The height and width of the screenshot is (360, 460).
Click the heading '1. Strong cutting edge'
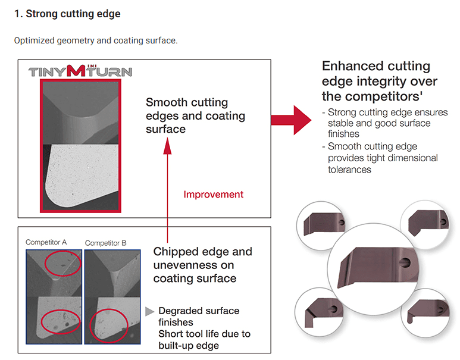point(67,13)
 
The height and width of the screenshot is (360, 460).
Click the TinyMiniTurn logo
point(80,71)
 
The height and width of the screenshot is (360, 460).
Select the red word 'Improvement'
point(214,194)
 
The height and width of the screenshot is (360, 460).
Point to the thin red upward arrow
point(168,190)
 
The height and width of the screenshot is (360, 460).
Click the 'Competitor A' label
point(46,242)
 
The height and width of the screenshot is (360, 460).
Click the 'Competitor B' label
point(106,243)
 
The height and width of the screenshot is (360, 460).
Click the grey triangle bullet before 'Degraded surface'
point(150,311)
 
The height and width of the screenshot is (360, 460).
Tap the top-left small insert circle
point(320,224)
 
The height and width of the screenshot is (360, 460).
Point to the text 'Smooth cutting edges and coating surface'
point(195,115)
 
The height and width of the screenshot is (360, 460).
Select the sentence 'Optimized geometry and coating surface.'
point(95,40)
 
